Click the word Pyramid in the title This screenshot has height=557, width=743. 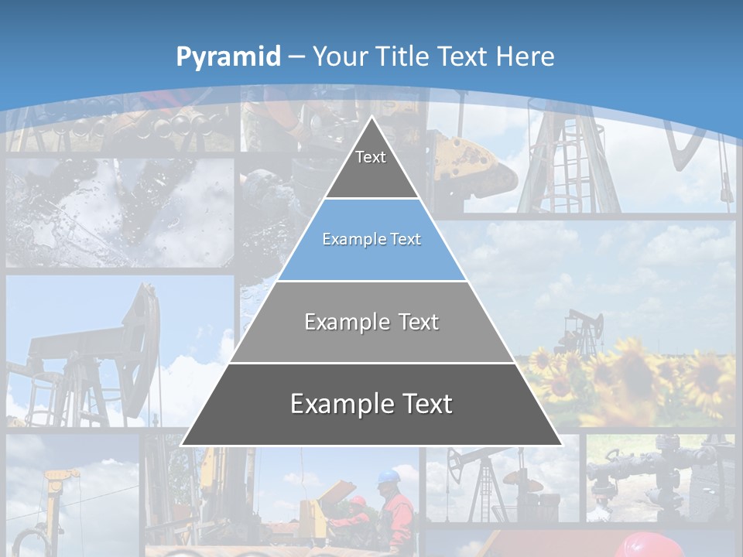[228, 57]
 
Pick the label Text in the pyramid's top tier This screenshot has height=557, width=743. [371, 157]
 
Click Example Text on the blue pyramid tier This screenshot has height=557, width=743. [371, 239]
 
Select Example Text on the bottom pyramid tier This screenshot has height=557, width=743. [371, 404]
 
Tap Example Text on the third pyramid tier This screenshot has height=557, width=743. [371, 322]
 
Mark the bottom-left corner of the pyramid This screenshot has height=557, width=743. [182, 445]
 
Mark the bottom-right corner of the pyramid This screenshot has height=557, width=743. [561, 445]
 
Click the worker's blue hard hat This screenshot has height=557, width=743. [389, 475]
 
